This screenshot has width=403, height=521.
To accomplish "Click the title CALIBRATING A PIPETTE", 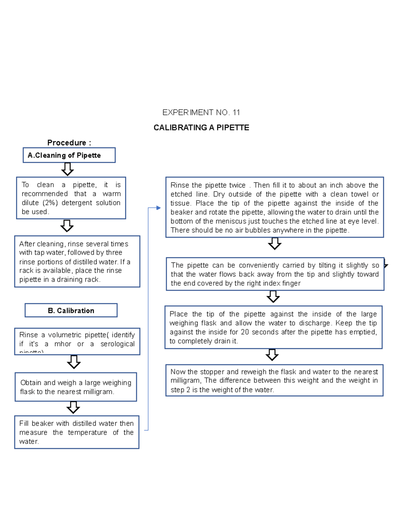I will coord(201,128).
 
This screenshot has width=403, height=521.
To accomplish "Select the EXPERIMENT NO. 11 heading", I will coord(201,112).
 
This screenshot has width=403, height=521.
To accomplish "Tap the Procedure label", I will coord(69,143).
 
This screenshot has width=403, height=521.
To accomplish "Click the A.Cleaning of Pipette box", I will coord(69,155).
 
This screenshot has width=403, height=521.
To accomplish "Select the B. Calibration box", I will coord(71,311).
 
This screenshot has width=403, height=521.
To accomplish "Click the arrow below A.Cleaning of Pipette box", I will coord(68,169).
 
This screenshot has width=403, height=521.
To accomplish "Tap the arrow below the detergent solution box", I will coord(67,226).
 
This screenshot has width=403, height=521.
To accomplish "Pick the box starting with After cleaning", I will coord(77,262).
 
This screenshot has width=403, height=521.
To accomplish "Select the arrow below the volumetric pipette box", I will coord(74,362).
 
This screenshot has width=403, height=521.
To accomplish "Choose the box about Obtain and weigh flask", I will coord(76,387).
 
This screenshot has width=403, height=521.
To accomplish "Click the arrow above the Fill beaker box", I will coord(73,408).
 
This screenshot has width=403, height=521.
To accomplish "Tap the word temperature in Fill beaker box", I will coord(87,432).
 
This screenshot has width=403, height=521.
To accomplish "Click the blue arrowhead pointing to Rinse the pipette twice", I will coord(159,208).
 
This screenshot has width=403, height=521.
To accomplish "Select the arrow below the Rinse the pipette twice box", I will coord(275,244).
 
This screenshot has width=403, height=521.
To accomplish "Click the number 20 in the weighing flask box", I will coord(245,332).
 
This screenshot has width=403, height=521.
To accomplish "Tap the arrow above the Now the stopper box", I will coord(272,355).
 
